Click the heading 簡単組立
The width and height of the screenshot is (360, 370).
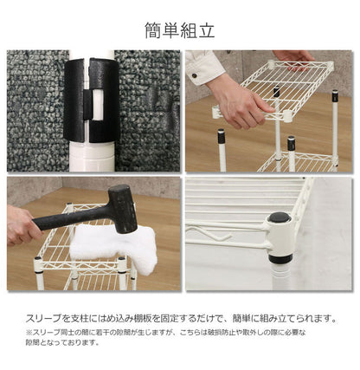coord(179,31)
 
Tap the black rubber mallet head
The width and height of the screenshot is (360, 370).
coord(122,209)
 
